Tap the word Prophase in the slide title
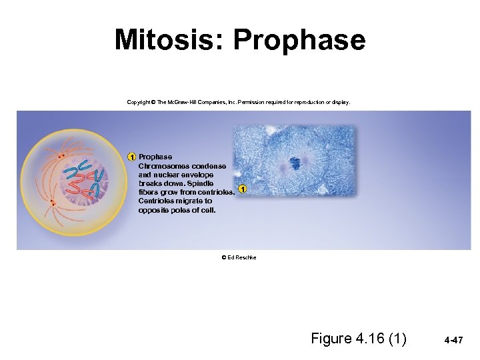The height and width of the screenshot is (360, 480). [x=299, y=40]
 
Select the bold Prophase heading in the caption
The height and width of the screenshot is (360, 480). [x=155, y=157]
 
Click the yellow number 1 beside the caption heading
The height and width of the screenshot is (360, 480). [x=132, y=157]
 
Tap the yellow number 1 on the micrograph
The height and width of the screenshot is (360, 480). [x=243, y=189]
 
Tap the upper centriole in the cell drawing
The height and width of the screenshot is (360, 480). [x=61, y=156]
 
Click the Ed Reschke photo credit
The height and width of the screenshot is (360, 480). [x=239, y=257]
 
